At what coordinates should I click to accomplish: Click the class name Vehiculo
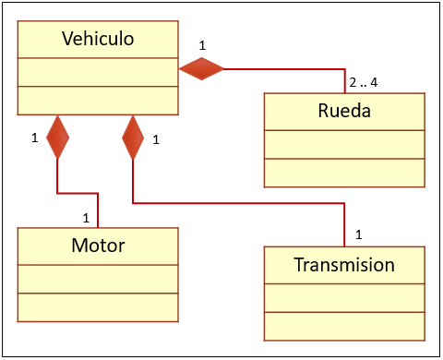[x=98, y=39]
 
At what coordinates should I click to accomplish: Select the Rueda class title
[x=344, y=112]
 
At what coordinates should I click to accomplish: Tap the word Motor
[x=98, y=246]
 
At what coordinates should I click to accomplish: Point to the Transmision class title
[x=344, y=265]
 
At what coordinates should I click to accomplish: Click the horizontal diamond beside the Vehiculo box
[x=201, y=67]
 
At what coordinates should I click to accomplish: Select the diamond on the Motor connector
[x=57, y=137]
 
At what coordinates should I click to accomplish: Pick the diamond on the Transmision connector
[x=134, y=137]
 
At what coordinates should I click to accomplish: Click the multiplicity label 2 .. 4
[x=363, y=82]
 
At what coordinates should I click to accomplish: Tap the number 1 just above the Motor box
[x=86, y=219]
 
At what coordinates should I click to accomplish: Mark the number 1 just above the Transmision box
[x=358, y=234]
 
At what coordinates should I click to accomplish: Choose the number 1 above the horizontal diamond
[x=202, y=44]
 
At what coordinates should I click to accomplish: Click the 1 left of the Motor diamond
[x=35, y=138]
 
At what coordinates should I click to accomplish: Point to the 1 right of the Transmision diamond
[x=156, y=140]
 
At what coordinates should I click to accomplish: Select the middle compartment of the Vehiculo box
[x=98, y=72]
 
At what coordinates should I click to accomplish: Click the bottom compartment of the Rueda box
[x=344, y=173]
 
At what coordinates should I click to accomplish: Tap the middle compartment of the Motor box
[x=98, y=279]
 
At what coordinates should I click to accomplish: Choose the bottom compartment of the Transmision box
[x=344, y=326]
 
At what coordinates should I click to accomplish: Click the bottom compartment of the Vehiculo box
[x=98, y=100]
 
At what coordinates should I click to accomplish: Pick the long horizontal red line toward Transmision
[x=240, y=202]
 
